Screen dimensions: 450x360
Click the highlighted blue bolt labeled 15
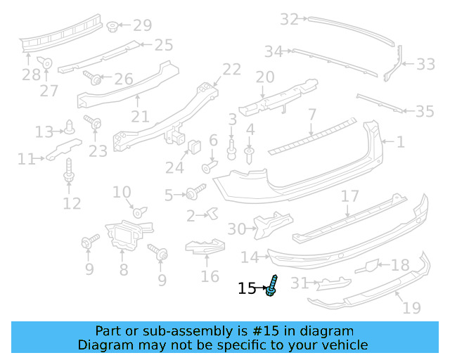(272, 286)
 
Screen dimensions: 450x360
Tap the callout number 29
(142, 26)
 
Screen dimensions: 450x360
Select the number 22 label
(231, 69)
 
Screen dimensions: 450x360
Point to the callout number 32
(289, 19)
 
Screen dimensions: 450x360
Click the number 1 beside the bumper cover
(400, 142)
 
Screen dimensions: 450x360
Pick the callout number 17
(349, 197)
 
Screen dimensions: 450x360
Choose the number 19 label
(411, 307)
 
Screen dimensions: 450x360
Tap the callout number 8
(123, 269)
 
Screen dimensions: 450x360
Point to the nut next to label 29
(112, 27)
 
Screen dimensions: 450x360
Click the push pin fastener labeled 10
(138, 211)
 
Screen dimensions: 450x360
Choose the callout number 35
(425, 111)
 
